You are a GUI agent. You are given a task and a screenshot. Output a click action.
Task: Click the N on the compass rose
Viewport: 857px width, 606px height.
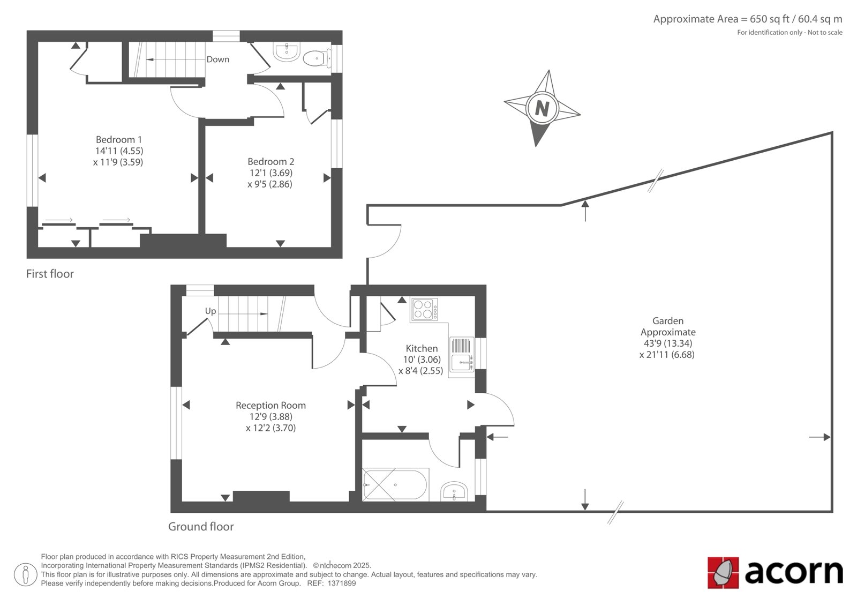(x=542, y=108)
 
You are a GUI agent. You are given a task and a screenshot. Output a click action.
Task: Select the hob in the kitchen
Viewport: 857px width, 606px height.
(x=424, y=309)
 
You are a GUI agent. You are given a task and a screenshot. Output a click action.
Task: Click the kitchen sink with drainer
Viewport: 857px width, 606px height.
(x=462, y=355)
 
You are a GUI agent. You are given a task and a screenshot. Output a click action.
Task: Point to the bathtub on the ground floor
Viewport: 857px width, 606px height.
(x=396, y=484)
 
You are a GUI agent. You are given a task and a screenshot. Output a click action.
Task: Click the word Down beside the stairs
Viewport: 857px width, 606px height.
(x=217, y=59)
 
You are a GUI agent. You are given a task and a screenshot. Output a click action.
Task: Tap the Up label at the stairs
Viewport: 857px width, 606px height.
(x=211, y=311)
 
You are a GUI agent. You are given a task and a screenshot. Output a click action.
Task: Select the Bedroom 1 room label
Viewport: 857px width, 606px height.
(x=118, y=139)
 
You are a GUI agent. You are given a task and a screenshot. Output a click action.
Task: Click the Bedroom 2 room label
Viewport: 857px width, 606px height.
(x=270, y=162)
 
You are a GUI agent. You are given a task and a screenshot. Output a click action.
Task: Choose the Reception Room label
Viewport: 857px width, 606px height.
(x=270, y=405)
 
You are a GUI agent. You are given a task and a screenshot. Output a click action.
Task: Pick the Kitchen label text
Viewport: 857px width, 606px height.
(x=422, y=348)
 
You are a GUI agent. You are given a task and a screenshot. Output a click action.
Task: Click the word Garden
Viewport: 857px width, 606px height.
(x=667, y=321)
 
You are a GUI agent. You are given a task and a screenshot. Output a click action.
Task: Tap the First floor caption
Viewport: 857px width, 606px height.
(x=50, y=274)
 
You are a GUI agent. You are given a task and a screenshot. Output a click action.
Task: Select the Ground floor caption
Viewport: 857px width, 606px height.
(x=201, y=526)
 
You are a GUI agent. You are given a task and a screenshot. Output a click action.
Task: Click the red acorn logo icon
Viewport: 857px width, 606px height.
(x=723, y=572)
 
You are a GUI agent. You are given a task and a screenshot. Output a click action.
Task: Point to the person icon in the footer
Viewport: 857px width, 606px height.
(x=25, y=574)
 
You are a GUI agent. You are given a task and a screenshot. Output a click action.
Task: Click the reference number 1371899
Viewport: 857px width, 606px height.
(x=342, y=583)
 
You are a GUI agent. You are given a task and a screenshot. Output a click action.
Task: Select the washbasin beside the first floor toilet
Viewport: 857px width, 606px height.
(x=287, y=52)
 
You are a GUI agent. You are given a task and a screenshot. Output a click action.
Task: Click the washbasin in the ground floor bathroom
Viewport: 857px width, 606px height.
(x=454, y=491)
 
